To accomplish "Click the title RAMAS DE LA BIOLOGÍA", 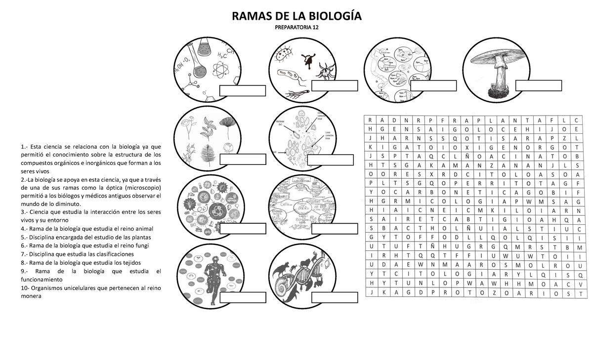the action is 297,17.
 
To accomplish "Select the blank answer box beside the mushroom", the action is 538,86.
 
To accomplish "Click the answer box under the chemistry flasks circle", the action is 242,91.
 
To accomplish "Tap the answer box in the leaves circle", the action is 242,160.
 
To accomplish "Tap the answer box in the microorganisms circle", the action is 335,86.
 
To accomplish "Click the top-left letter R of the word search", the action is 369,121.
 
